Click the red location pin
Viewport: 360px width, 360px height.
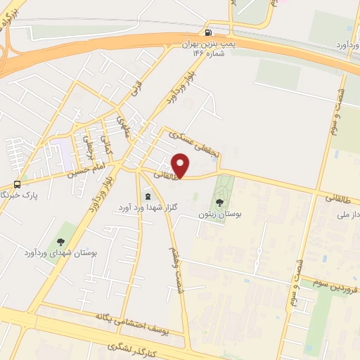[181, 166]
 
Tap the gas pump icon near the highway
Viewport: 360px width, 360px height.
[208, 32]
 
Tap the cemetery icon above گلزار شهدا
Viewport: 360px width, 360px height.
[148, 195]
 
